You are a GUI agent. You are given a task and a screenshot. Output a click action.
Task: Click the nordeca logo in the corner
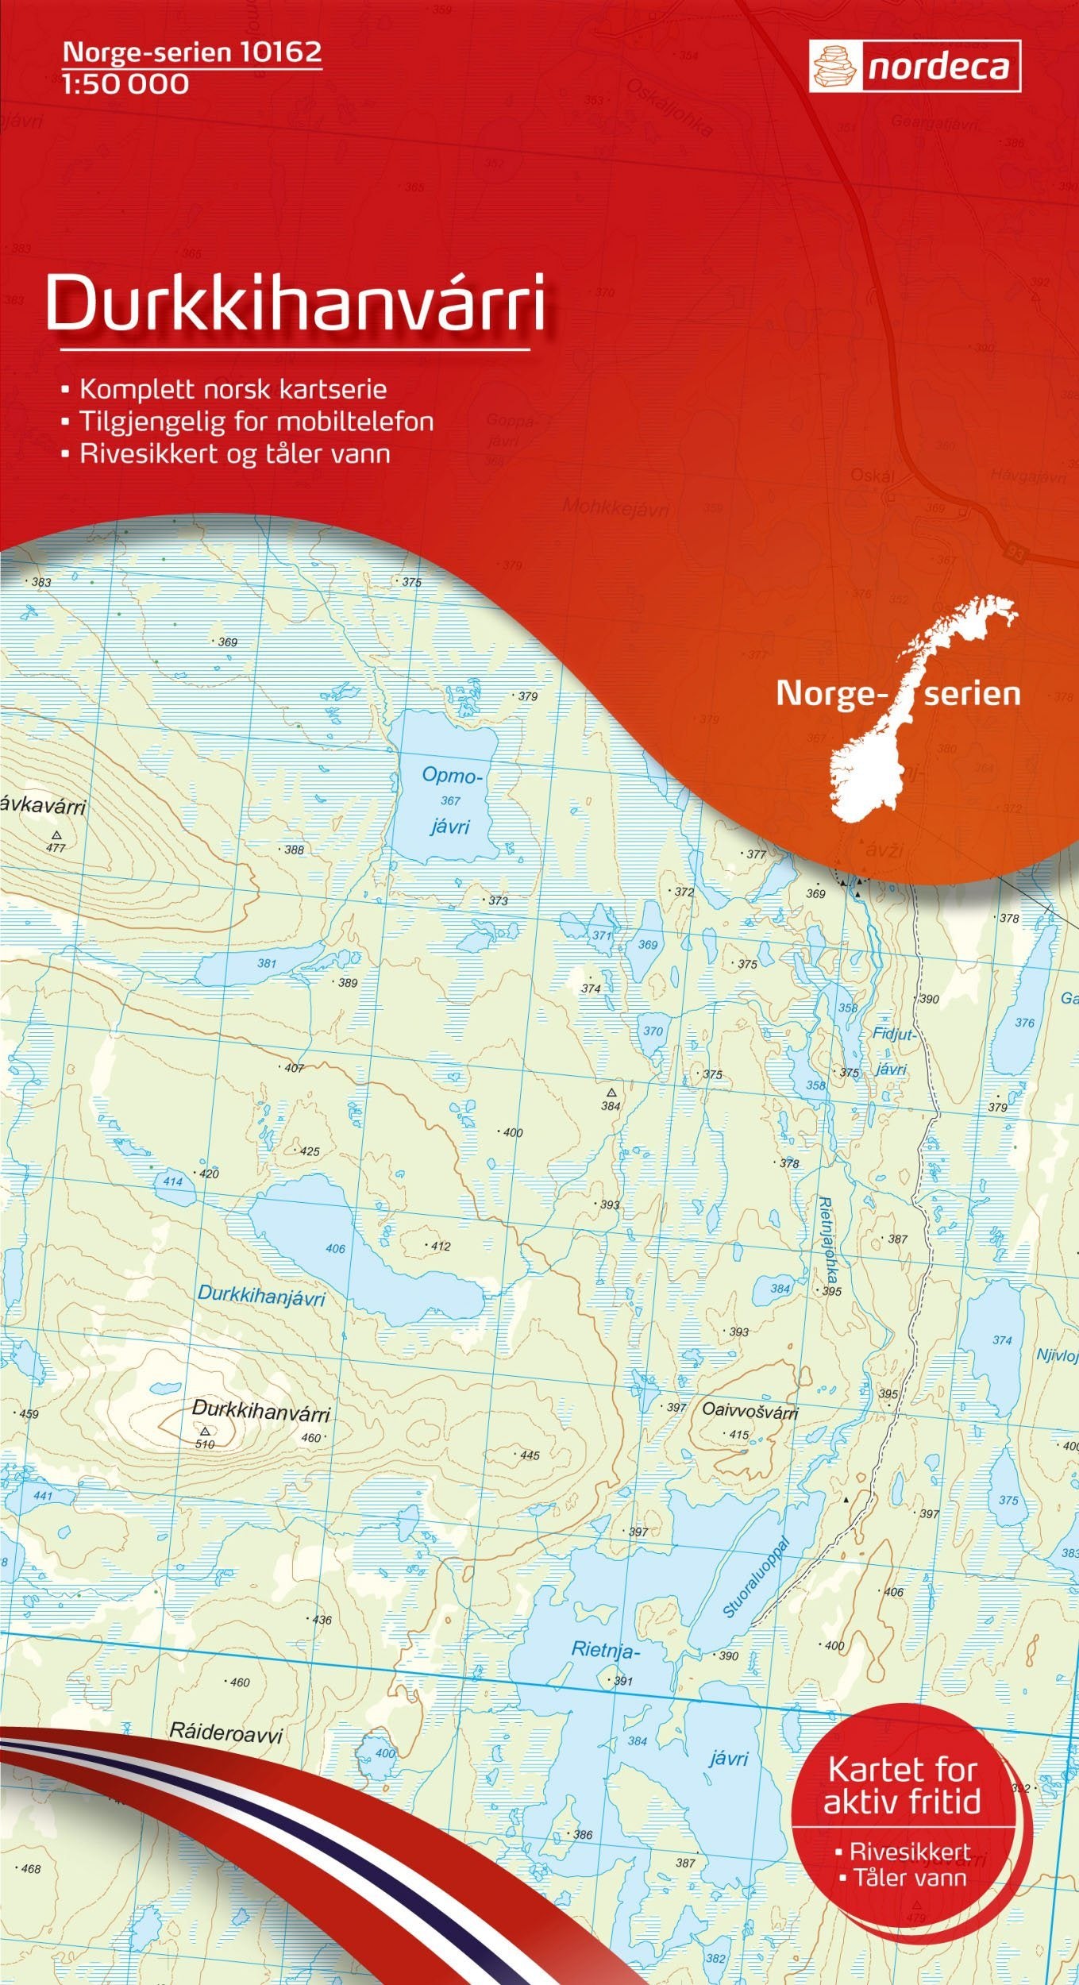click(x=914, y=67)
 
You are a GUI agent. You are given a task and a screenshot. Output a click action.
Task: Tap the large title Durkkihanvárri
click(x=295, y=305)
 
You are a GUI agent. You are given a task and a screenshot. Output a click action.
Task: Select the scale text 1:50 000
click(x=125, y=83)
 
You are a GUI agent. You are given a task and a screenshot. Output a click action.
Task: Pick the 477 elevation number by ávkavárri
click(x=56, y=848)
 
